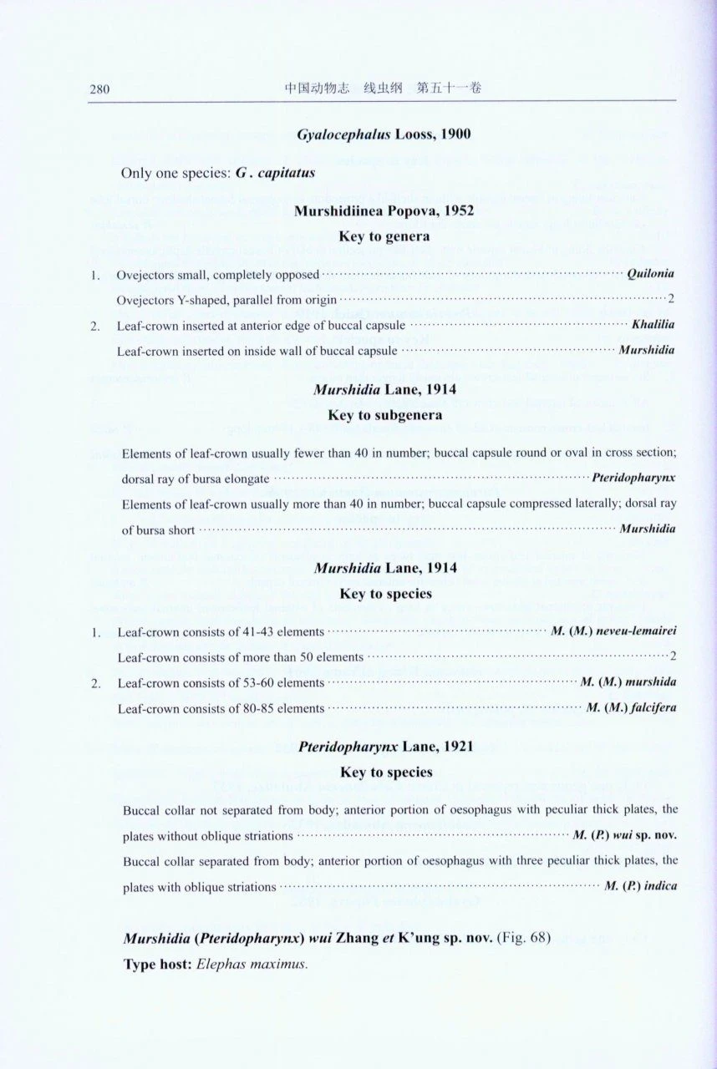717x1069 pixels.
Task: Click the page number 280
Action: [x=100, y=89]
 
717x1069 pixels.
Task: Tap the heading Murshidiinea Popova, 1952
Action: [x=384, y=211]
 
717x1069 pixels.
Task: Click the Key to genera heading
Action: [x=384, y=236]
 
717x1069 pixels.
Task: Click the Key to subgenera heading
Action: [x=384, y=414]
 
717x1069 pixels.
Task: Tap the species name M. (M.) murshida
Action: [x=628, y=682]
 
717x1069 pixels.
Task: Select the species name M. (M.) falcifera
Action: [x=631, y=708]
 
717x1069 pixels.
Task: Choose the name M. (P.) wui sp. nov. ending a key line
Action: [x=624, y=834]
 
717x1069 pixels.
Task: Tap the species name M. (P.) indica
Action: [x=640, y=885]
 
